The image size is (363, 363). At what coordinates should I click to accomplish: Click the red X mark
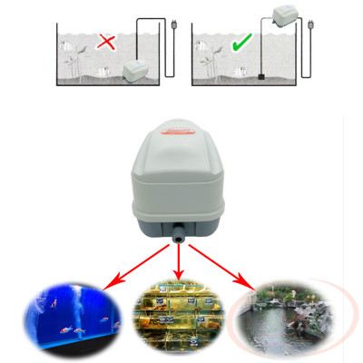point(106,41)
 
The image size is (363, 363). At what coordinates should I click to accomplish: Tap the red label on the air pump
point(181,131)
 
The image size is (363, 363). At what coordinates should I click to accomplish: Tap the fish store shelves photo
point(178,318)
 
